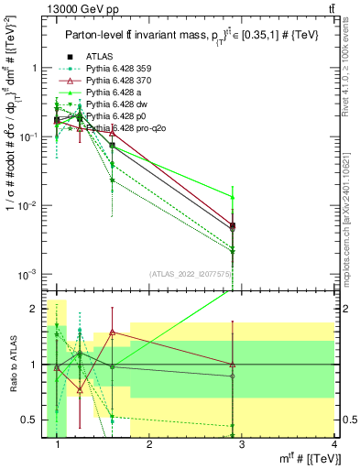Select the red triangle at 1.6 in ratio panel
click(x=112, y=332)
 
